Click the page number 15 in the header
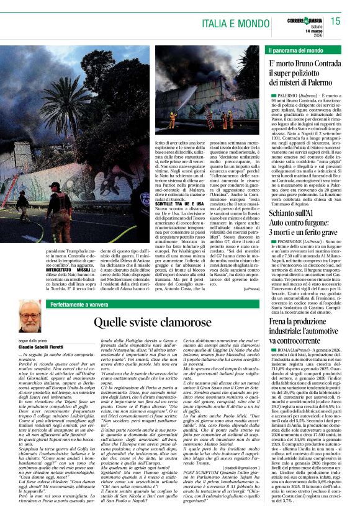coord(336,21)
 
